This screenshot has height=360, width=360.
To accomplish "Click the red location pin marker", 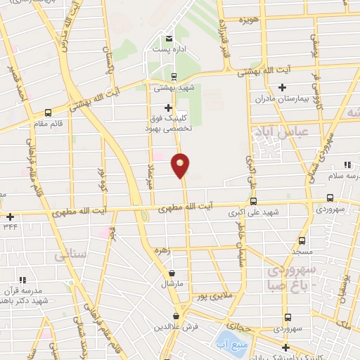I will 181,165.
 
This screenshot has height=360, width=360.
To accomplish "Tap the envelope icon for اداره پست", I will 168,39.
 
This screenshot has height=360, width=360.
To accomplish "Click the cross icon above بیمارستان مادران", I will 283,87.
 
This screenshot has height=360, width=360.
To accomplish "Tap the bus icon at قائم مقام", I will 48,112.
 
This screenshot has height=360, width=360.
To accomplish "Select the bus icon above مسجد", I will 302,239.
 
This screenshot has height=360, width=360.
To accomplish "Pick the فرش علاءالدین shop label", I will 176,328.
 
